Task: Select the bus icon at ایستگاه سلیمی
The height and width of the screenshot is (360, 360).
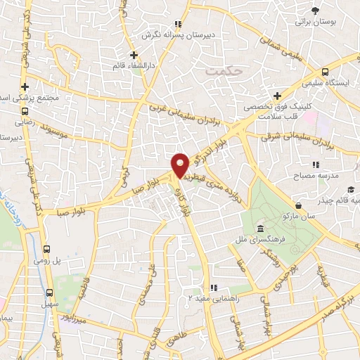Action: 325,72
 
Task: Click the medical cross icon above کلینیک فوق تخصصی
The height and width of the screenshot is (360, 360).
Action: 278,96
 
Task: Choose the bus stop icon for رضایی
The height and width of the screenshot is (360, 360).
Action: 25,110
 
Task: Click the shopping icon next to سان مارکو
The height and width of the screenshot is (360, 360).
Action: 300,205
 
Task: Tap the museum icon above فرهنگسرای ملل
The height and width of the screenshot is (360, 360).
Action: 261,229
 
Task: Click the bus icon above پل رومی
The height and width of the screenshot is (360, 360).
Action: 47,249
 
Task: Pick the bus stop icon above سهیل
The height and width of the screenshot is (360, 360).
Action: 49,292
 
